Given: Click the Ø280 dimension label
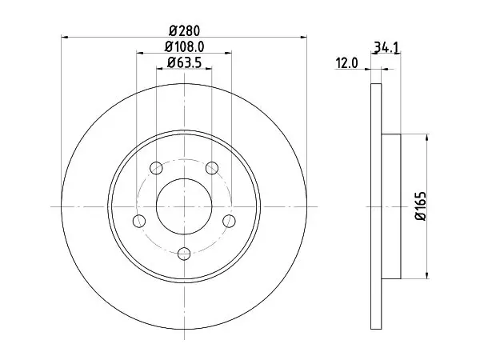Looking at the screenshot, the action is [184, 31].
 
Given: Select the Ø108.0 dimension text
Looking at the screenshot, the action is [184, 47].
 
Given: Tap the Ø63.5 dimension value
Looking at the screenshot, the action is [184, 62].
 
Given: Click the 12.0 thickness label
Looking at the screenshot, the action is [347, 63].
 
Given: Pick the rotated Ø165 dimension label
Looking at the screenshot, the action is [421, 206].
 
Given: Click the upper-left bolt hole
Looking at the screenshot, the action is [156, 168].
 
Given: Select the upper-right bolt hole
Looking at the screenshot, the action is [212, 168].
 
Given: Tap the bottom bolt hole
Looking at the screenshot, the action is [184, 254].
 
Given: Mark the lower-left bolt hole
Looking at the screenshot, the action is [139, 221].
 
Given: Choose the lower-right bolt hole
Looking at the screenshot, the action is [229, 221].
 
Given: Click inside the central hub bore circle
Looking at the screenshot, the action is [184, 206].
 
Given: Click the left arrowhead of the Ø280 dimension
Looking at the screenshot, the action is [65, 38].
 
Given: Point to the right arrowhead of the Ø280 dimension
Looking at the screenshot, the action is [303, 38].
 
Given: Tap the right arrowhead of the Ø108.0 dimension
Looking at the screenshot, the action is [228, 53].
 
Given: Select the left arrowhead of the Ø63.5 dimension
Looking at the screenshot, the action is [160, 69].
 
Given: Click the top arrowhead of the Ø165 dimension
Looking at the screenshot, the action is [427, 138].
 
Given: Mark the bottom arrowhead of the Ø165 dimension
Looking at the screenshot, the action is [427, 275].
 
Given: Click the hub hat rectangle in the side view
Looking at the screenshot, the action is [391, 206].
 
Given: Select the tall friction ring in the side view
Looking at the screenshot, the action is [376, 206].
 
